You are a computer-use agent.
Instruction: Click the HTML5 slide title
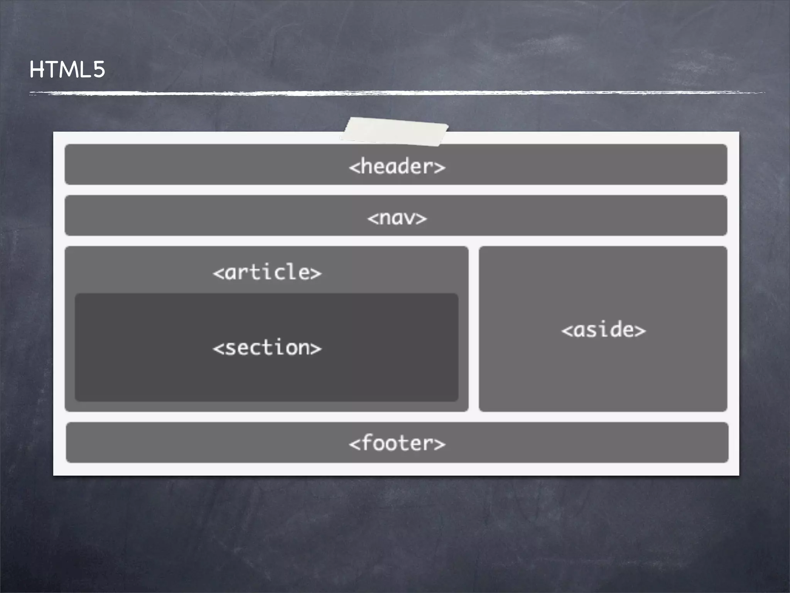(67, 70)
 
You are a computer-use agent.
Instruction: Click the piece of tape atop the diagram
(394, 132)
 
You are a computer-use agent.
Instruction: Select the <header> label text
(397, 167)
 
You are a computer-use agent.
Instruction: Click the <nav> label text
(397, 218)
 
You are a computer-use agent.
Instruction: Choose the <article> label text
(267, 272)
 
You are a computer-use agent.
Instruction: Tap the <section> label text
(267, 347)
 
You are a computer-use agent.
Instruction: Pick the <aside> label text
(603, 330)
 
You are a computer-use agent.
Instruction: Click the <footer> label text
(397, 443)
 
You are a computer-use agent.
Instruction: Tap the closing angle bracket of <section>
(316, 349)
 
